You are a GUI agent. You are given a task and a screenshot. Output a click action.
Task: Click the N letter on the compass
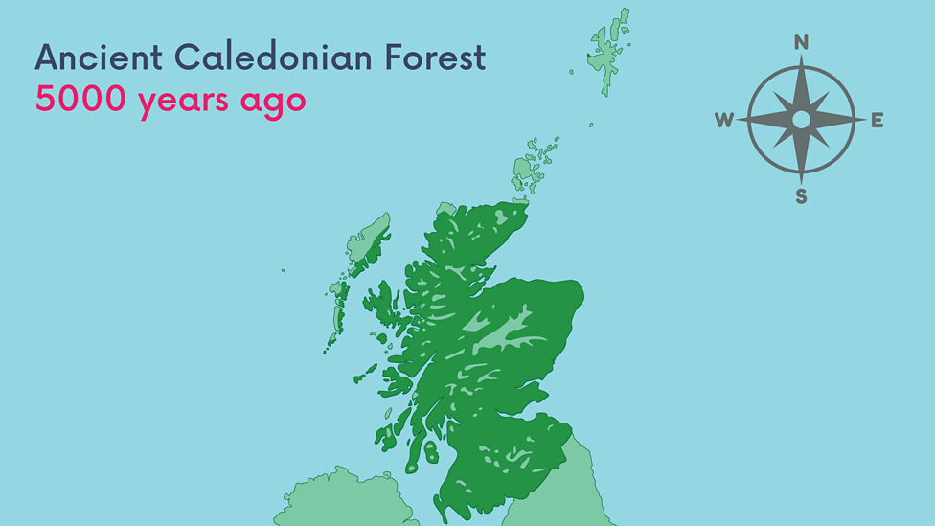click(801, 42)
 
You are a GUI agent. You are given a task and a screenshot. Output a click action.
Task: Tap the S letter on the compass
click(801, 197)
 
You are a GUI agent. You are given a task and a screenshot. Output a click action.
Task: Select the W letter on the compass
click(724, 120)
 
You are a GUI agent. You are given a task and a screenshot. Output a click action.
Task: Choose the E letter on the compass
click(877, 120)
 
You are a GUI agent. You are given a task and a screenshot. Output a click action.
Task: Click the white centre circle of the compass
click(801, 120)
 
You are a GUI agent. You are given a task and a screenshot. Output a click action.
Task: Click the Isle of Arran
click(430, 451)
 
